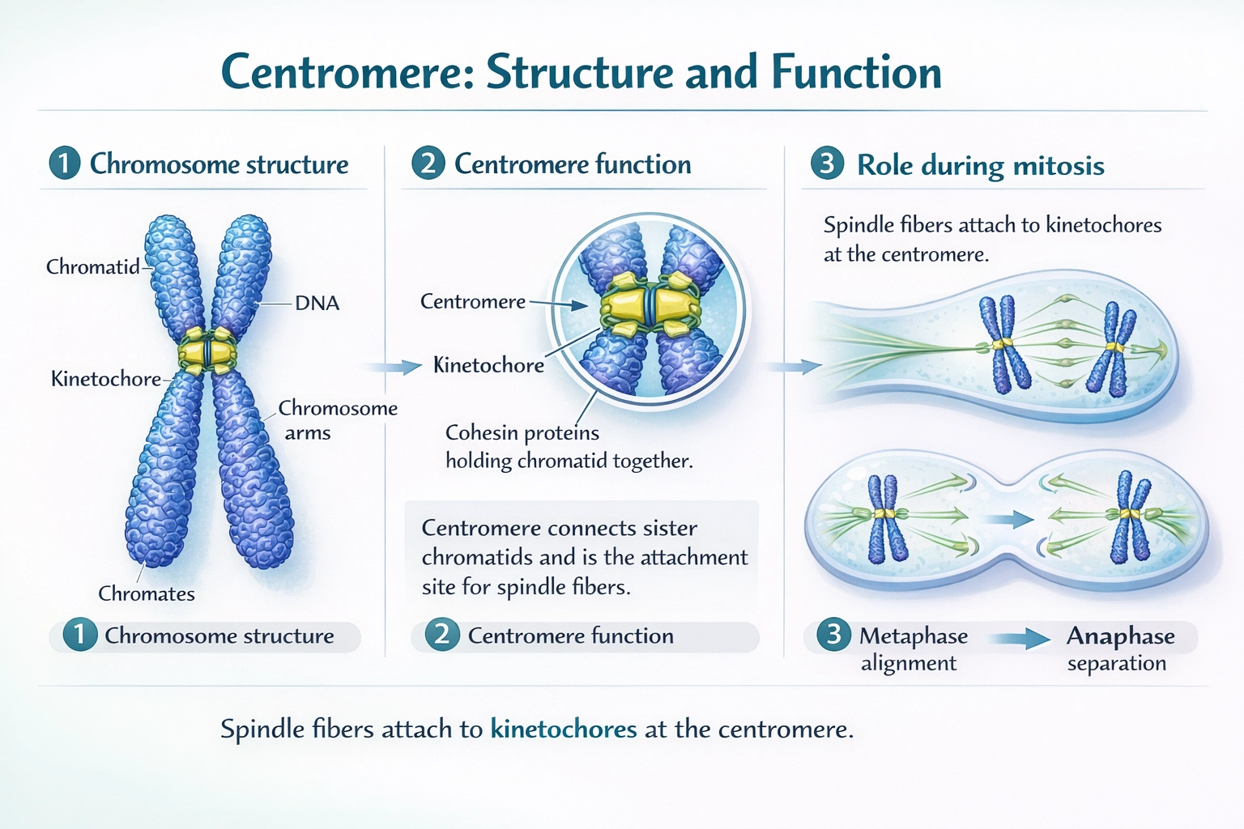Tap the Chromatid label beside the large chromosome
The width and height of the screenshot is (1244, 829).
click(92, 266)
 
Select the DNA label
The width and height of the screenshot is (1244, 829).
click(317, 303)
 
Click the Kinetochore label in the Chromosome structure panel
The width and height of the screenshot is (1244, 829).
click(105, 379)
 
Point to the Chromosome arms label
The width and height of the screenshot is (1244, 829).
click(337, 419)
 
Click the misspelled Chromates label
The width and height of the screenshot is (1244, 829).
click(147, 593)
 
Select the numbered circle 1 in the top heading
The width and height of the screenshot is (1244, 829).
click(65, 164)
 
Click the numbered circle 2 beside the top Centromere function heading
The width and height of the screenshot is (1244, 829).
click(428, 164)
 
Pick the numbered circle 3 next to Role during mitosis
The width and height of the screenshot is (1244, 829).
click(827, 164)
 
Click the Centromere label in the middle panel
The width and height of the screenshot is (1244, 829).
click(473, 302)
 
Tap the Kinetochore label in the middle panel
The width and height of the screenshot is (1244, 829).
click(488, 365)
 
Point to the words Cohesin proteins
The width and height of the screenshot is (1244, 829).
click(522, 432)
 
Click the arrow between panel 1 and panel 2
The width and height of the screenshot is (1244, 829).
click(394, 367)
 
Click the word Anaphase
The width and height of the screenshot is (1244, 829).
click(1120, 636)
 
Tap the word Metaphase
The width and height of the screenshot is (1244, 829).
click(913, 636)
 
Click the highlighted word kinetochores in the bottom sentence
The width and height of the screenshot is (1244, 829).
click(564, 729)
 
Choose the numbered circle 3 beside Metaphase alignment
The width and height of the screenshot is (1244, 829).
click(833, 636)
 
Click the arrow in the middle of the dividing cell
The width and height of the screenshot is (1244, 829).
click(1012, 519)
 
